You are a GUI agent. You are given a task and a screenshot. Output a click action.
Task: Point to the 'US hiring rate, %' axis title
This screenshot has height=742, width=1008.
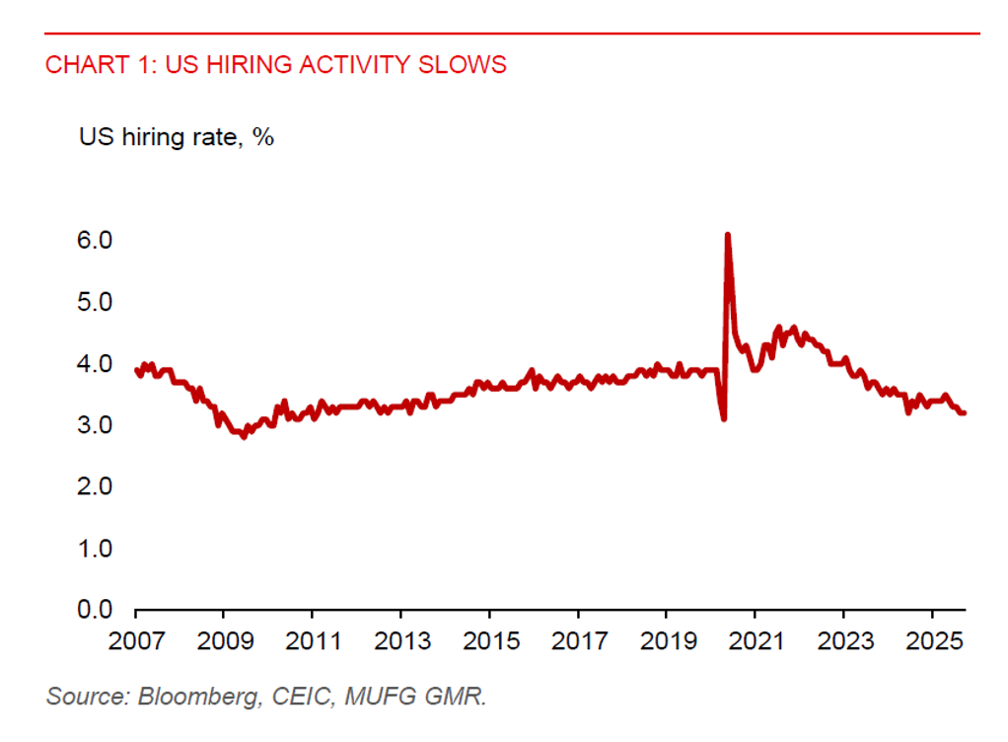click(x=177, y=137)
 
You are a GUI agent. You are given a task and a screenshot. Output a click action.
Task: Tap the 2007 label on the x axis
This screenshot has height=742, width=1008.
click(x=136, y=640)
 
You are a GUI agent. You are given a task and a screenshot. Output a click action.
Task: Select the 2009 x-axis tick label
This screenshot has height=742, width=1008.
click(x=224, y=640)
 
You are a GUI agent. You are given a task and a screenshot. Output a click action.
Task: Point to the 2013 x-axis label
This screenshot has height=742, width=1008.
click(x=401, y=640)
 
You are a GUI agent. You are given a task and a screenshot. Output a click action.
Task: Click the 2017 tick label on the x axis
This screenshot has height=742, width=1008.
click(x=579, y=640)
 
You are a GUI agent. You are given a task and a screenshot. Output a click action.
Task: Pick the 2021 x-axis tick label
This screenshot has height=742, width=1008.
click(x=756, y=640)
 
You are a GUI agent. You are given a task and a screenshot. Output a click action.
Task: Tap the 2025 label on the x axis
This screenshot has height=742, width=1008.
click(x=933, y=640)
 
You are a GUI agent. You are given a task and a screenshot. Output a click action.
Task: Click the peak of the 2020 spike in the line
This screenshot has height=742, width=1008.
click(x=727, y=235)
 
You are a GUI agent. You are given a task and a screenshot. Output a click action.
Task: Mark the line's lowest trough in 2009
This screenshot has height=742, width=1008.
click(x=244, y=436)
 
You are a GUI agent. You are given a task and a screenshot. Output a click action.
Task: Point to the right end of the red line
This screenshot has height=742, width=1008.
click(x=964, y=412)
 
